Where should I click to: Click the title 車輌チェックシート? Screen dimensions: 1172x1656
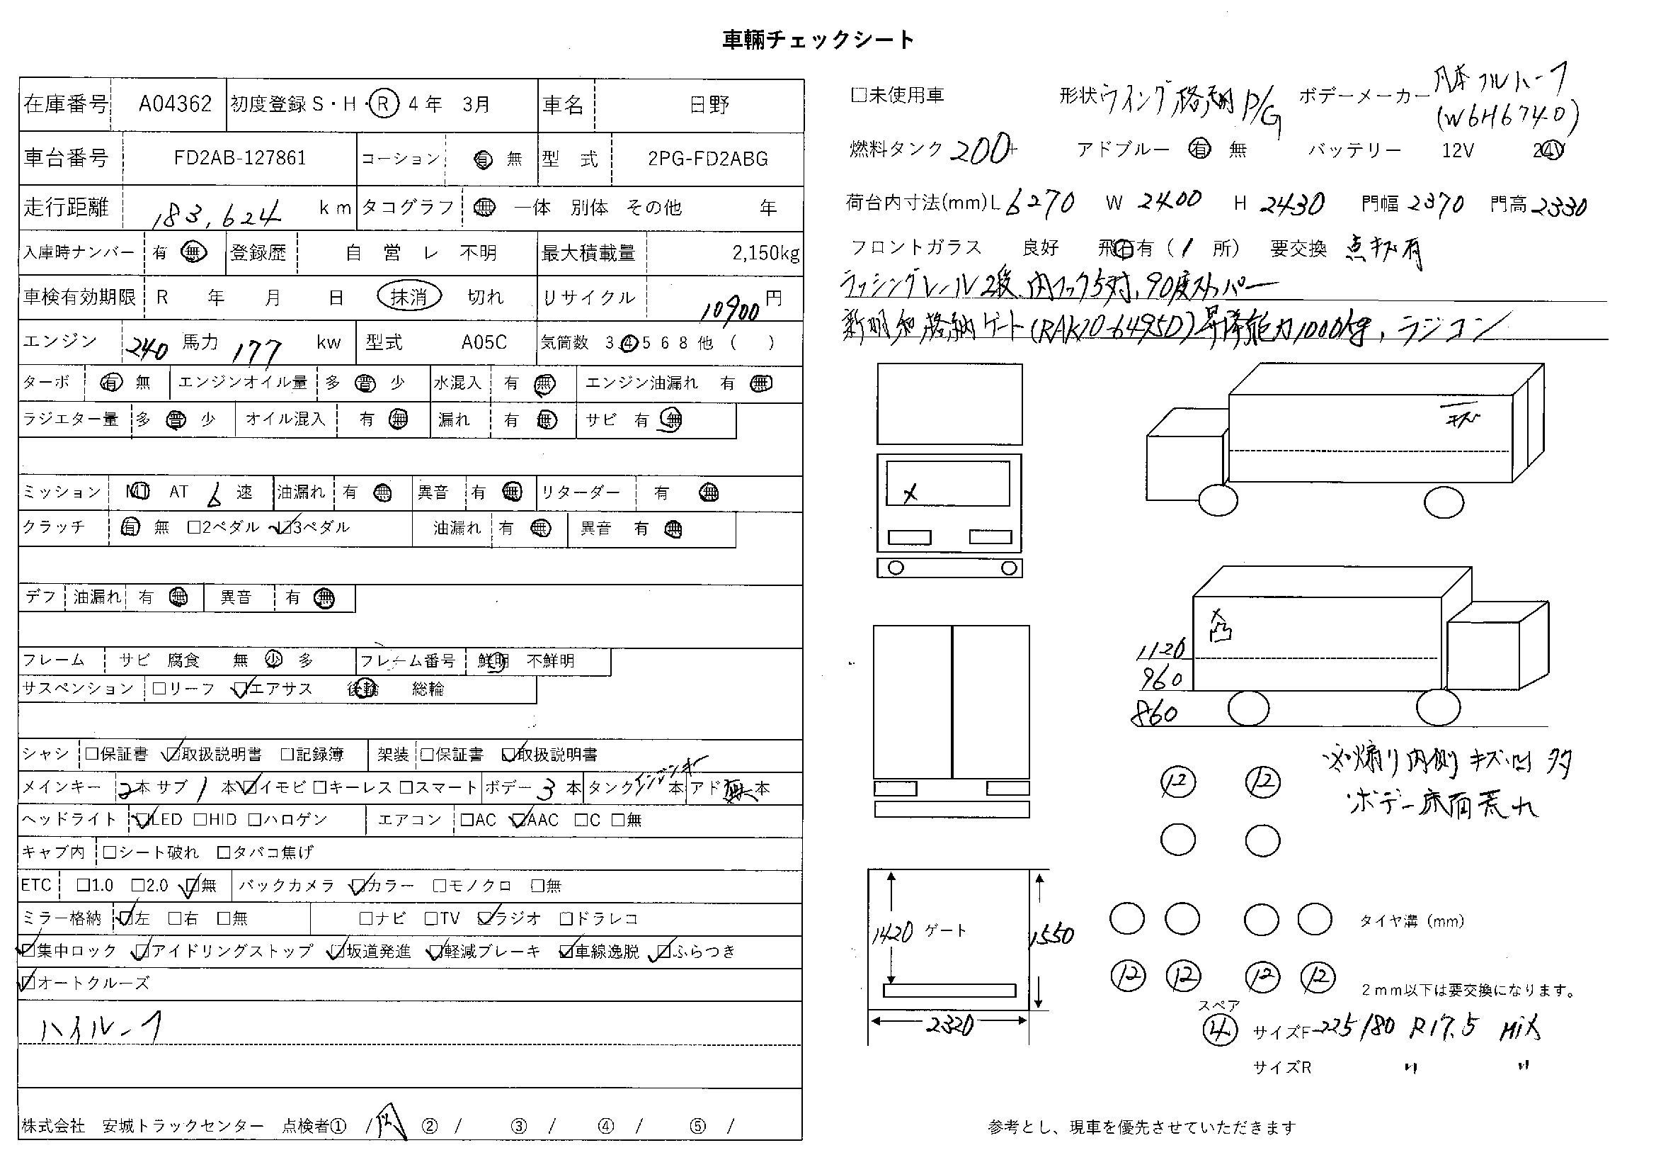tap(818, 39)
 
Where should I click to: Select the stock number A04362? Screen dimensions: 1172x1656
tap(176, 105)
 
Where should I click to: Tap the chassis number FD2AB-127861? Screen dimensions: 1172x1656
tap(240, 158)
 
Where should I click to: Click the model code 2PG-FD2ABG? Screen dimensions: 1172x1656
tap(707, 159)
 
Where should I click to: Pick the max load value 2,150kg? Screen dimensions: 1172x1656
tap(765, 252)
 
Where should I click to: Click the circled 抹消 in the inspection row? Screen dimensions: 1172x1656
tap(409, 297)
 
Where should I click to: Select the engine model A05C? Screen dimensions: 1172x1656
tap(484, 342)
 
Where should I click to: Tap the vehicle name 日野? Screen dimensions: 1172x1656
tap(709, 106)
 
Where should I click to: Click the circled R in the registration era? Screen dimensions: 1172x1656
tap(383, 105)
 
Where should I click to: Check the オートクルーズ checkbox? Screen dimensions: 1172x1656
tap(28, 982)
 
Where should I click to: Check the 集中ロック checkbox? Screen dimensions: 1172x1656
tap(28, 950)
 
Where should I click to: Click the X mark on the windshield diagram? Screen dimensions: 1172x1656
tap(910, 494)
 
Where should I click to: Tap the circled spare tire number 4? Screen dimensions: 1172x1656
tap(1220, 1030)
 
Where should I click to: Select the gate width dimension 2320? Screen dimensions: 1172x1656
tap(949, 1024)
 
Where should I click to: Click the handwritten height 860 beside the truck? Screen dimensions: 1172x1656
tap(1155, 714)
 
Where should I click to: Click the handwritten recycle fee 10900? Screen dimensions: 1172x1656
tap(730, 310)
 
